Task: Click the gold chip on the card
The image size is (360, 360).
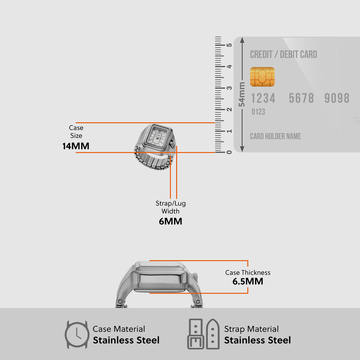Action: tap(262, 77)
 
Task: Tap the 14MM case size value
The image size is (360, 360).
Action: tap(76, 146)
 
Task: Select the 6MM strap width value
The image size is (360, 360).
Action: tap(171, 221)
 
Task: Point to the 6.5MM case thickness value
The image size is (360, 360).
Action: tap(247, 281)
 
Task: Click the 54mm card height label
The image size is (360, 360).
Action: tap(242, 94)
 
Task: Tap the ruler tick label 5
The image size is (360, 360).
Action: tap(229, 45)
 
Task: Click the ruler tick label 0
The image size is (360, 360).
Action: tap(229, 152)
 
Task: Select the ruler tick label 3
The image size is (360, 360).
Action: tap(229, 88)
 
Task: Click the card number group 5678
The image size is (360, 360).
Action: tap(301, 98)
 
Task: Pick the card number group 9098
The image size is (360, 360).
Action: tap(337, 98)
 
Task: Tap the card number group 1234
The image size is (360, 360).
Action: tap(263, 98)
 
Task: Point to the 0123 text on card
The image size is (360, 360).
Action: tap(258, 112)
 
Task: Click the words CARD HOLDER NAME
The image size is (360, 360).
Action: tap(275, 136)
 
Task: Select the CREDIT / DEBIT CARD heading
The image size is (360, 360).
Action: tap(283, 54)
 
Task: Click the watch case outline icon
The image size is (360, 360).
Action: tap(77, 334)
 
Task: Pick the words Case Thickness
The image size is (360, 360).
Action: tap(248, 272)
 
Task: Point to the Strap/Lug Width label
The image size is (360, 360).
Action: tap(171, 207)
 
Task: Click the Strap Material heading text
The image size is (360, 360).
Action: tap(251, 329)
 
